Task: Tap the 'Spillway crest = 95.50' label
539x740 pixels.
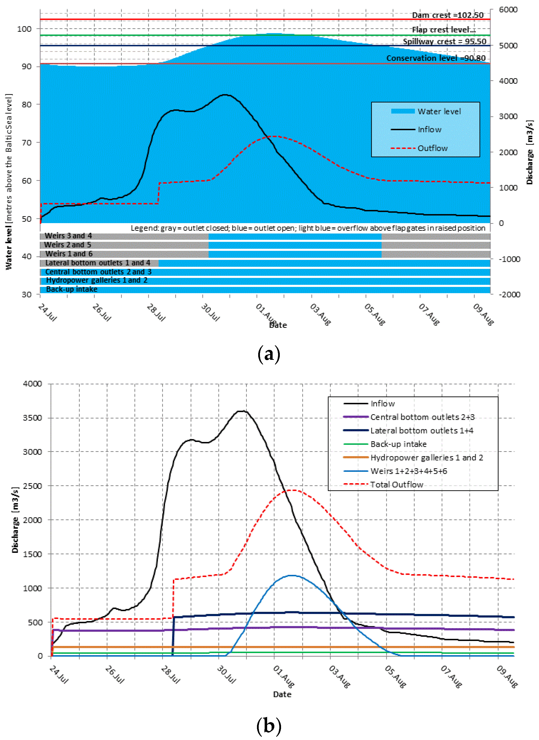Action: (444, 41)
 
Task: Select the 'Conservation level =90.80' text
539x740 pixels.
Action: (436, 58)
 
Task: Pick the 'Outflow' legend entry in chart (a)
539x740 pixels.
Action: (432, 148)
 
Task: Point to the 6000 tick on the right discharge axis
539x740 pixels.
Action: (508, 10)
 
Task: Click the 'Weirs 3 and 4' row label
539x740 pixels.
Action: (68, 235)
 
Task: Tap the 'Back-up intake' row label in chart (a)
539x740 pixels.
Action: (72, 289)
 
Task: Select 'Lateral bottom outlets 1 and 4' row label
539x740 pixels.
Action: (98, 263)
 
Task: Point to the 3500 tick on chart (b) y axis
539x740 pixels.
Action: (32, 418)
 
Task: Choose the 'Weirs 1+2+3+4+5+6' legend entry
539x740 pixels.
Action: (408, 471)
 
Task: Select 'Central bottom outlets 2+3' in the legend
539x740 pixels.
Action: (422, 417)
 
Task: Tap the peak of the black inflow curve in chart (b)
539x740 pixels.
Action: (242, 411)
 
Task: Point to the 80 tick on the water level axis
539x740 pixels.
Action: (27, 104)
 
